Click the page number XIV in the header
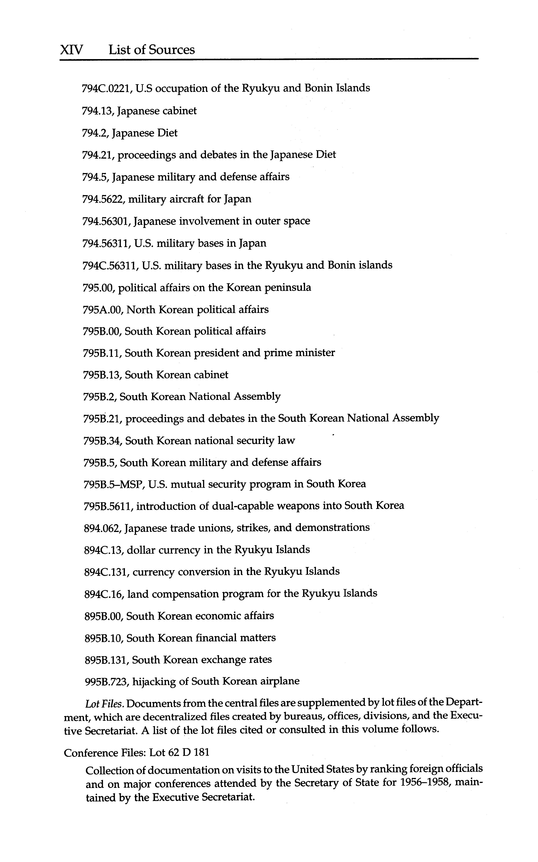pyautogui.click(x=71, y=49)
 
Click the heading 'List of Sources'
pyautogui.click(x=152, y=49)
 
